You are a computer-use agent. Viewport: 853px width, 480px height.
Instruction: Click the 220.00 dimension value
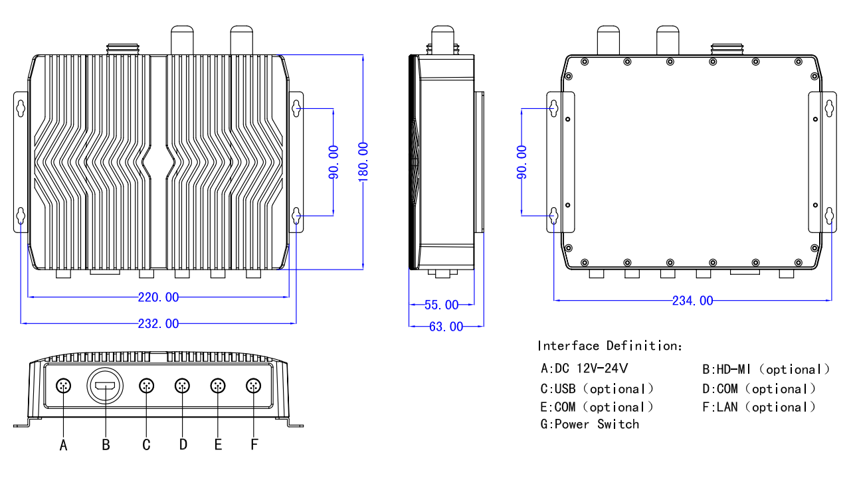[158, 297]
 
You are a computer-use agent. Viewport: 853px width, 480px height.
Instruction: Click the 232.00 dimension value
[158, 324]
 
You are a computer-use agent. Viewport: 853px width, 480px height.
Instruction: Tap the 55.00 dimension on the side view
[442, 305]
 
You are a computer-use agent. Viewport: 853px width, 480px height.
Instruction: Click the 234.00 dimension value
[693, 301]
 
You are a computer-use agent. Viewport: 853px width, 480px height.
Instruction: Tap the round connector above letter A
[64, 386]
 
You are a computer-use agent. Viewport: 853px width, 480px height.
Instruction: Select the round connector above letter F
[254, 386]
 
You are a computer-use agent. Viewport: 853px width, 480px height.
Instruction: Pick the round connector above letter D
[182, 386]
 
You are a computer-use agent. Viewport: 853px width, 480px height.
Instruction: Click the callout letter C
[147, 445]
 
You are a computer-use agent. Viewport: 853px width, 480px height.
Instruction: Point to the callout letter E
[218, 445]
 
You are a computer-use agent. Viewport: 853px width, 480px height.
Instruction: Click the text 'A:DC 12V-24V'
[585, 368]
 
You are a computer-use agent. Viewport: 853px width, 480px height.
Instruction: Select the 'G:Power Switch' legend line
[590, 424]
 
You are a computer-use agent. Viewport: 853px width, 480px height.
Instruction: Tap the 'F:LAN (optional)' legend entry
[759, 407]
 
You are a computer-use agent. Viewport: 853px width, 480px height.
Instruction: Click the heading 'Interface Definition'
[609, 346]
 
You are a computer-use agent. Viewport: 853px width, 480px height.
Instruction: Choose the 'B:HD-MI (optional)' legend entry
[766, 369]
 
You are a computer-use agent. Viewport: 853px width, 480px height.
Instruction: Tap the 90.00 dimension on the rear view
[522, 162]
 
